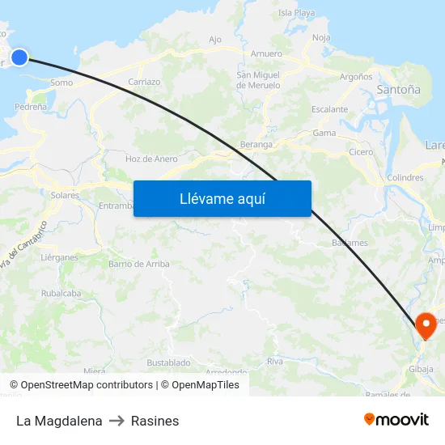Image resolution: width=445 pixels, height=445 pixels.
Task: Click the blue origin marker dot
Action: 19,56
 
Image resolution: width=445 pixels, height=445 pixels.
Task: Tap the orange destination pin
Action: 426,325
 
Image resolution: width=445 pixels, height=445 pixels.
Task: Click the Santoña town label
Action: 398,91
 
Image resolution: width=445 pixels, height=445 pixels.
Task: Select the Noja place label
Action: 321,37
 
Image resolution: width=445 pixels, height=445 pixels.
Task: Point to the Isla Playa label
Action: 296,13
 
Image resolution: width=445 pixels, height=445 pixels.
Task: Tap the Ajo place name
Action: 215,39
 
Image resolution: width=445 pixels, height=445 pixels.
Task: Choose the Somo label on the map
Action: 61,83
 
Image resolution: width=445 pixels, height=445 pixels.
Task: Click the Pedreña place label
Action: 31,106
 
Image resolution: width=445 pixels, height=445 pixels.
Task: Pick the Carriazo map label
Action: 144,82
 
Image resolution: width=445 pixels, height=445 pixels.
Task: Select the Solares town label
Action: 65,195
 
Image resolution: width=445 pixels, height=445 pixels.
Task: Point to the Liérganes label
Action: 59,256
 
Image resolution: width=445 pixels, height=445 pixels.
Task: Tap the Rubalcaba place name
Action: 61,293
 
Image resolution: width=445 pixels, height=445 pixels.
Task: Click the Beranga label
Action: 256,144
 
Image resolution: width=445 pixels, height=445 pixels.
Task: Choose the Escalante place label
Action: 329,108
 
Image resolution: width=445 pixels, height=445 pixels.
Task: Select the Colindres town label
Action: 405,177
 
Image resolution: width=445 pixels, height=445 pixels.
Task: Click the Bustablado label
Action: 169,362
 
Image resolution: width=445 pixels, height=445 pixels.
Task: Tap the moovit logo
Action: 396,419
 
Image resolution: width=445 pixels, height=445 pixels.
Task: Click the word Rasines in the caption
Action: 155,421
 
